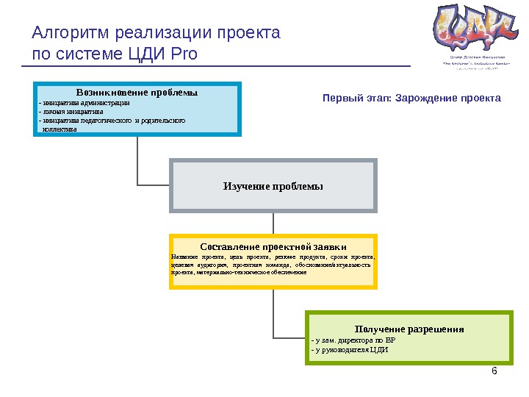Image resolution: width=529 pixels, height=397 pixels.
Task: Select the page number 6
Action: (x=494, y=371)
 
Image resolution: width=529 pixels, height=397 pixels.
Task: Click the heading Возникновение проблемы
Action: (x=137, y=93)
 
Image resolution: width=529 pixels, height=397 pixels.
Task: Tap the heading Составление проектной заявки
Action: (x=273, y=246)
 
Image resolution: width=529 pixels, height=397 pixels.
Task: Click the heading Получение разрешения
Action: (x=409, y=329)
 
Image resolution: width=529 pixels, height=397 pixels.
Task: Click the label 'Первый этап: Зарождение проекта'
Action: (x=411, y=98)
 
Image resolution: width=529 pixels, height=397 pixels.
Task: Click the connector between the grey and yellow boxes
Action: (x=273, y=223)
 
